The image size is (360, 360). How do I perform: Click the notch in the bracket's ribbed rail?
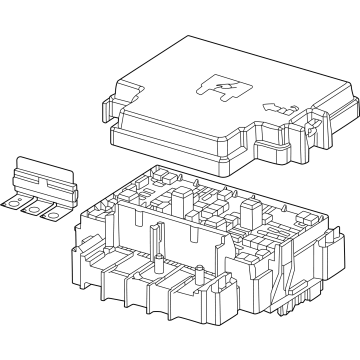point(50,190)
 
